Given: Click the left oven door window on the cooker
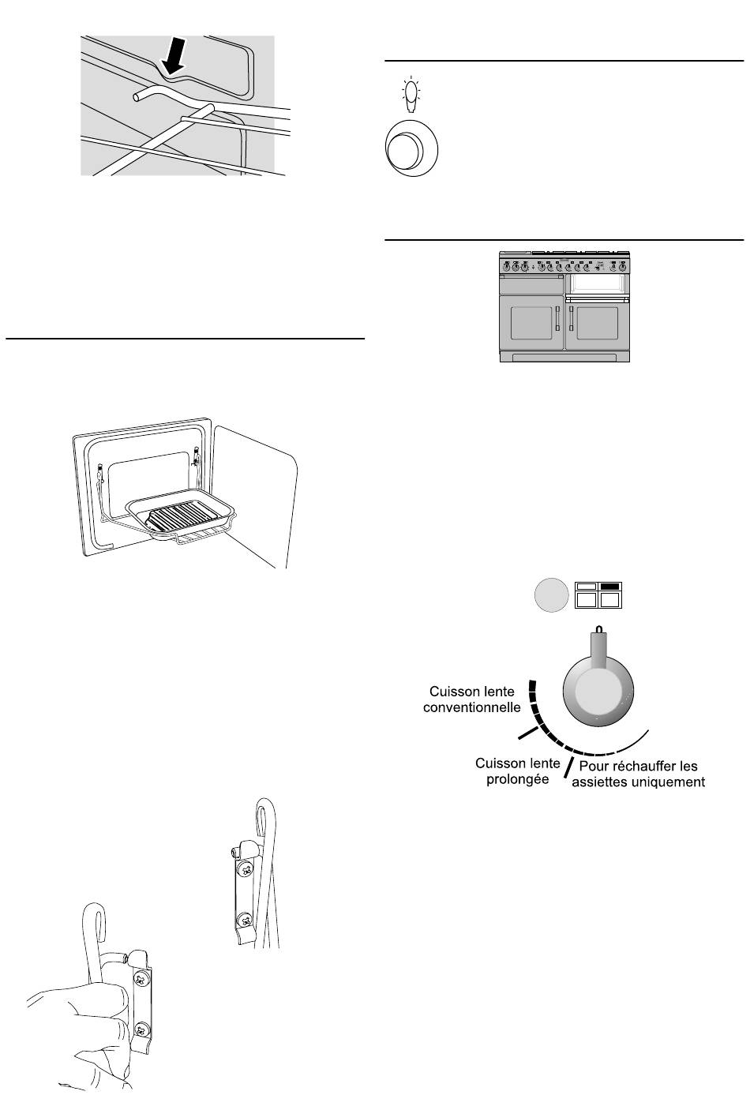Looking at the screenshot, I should pos(531,322).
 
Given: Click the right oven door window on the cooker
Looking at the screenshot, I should pos(598,322).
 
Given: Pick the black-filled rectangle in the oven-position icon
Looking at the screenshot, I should pos(611,587).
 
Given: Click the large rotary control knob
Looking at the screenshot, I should pos(598,690).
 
